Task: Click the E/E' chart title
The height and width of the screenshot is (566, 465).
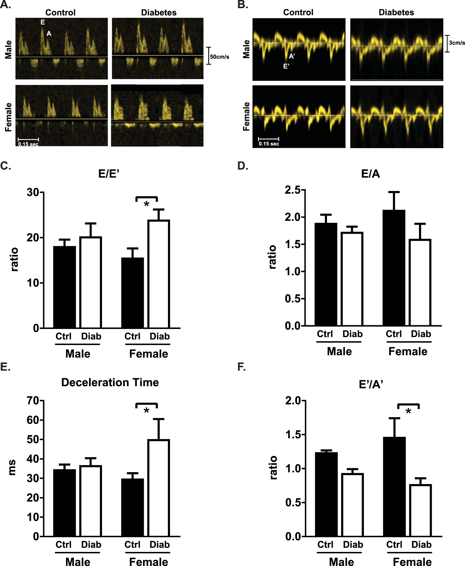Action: coord(109,174)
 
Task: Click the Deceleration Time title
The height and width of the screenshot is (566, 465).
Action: coord(110,382)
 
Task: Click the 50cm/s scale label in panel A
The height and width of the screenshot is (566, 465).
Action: coord(220,57)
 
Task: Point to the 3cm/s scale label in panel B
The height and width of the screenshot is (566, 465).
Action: coord(457,43)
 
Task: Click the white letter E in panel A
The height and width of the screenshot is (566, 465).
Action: coord(43,22)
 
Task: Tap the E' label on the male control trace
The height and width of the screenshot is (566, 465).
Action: coord(286,66)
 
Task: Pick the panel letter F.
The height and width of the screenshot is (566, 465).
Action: coord(242,367)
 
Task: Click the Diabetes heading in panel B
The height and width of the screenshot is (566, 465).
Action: coord(396,12)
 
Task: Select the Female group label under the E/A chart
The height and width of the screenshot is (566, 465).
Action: coord(408,351)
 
